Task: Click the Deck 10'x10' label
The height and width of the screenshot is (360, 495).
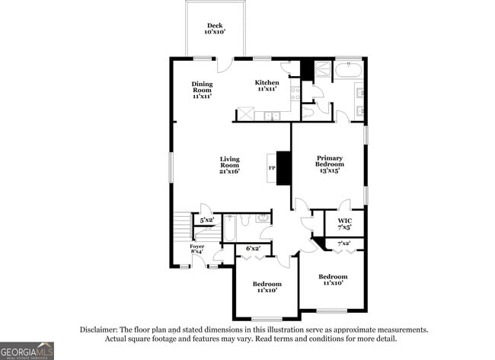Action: click(x=213, y=29)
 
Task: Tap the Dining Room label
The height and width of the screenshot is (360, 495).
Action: click(x=202, y=90)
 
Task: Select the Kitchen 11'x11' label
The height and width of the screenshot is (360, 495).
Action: click(x=267, y=85)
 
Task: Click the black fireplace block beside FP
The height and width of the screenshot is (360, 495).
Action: click(x=284, y=168)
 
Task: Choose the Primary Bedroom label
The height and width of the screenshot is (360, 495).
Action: click(x=330, y=164)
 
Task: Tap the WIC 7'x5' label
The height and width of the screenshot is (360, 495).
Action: click(x=345, y=224)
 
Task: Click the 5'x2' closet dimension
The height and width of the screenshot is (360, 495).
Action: click(x=206, y=220)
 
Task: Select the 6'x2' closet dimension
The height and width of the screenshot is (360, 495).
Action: click(x=253, y=248)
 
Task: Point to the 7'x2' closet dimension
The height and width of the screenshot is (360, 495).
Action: click(x=344, y=243)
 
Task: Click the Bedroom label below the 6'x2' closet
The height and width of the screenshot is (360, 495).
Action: click(x=267, y=287)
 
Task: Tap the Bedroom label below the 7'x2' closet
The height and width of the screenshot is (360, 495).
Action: click(x=333, y=279)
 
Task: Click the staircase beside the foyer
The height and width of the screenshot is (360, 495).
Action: click(x=181, y=226)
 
